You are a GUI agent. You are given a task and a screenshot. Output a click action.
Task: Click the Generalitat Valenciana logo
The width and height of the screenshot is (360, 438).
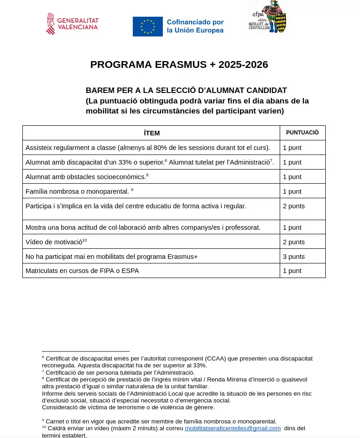pos(72,24)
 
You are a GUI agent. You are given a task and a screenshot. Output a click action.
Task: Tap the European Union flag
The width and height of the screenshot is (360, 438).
pos(147,26)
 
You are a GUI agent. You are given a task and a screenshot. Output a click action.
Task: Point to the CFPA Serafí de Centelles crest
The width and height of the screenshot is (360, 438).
pos(267,17)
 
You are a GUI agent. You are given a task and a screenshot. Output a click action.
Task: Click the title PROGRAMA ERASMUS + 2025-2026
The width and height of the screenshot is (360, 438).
pos(179,65)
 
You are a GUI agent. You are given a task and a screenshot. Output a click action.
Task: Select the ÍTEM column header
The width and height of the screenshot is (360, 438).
pos(151,133)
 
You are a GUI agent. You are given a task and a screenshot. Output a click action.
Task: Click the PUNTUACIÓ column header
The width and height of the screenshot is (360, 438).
pos(302,133)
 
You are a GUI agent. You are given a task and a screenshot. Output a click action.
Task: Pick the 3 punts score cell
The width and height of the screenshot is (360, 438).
pos(294,257)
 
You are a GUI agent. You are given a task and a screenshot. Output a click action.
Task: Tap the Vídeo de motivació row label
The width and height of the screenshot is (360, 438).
pos(56,242)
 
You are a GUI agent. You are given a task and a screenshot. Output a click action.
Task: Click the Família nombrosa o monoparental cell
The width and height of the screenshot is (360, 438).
pos(78,191)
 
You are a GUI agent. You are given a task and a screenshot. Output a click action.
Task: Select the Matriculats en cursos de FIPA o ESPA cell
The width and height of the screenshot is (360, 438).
pos(82,271)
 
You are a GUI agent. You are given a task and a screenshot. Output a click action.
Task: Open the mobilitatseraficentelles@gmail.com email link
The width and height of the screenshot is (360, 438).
pos(233,428)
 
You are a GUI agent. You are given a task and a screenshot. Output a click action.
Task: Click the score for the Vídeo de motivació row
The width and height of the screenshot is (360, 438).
pos(294,242)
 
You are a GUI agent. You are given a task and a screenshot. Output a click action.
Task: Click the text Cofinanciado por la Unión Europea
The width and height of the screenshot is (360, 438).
pos(195,26)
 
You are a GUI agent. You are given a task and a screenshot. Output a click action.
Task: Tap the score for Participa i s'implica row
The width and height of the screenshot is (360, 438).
pos(294,206)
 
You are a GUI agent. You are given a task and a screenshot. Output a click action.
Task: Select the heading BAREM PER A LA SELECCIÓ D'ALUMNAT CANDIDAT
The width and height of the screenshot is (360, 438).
pos(186,90)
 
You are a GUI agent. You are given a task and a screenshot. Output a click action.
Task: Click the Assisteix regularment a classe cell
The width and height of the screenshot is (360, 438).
pos(148,148)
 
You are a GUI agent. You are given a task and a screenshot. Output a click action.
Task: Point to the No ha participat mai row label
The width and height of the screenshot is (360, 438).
pos(111,257)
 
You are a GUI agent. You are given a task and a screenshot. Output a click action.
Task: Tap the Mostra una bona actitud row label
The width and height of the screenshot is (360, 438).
pos(143,227)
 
